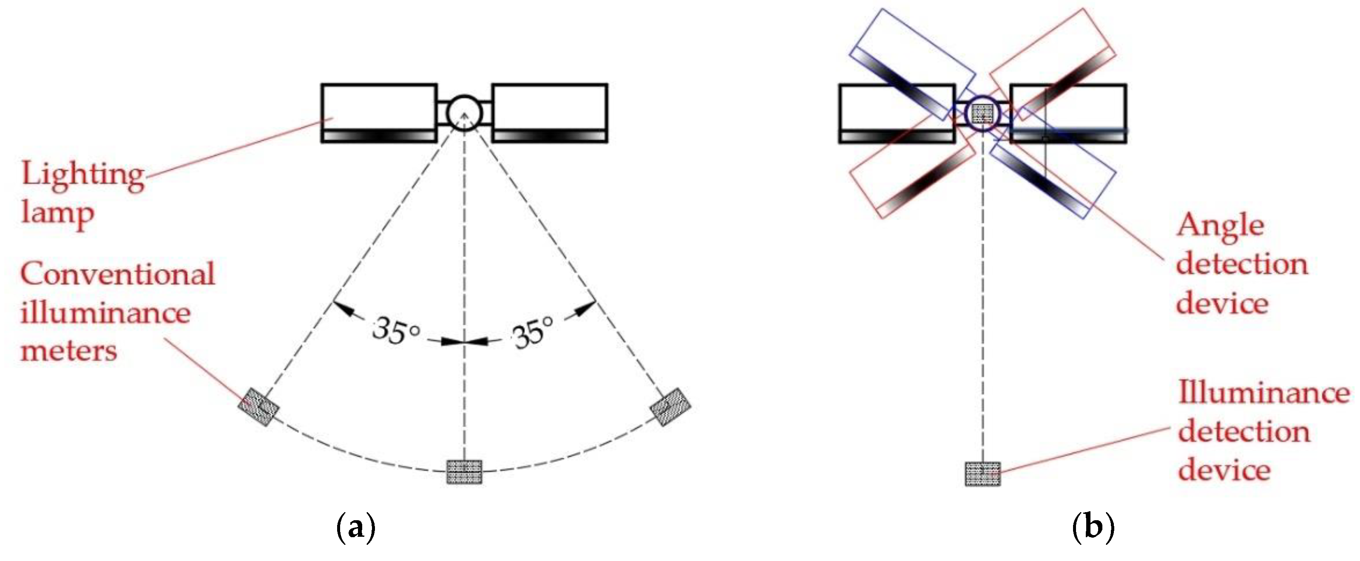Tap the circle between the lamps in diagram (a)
(464, 112)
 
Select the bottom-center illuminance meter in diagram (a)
(464, 471)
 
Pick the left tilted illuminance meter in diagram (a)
(258, 406)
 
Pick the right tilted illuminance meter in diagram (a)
(670, 406)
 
